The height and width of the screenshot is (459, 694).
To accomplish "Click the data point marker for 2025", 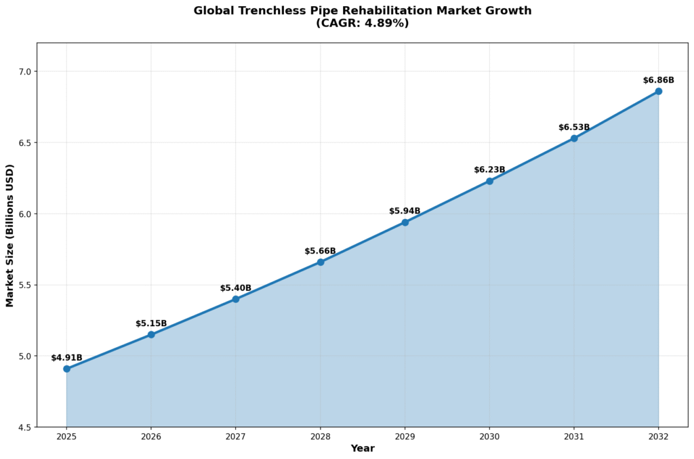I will coord(66,369).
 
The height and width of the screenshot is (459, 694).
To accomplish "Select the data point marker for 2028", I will coord(321,262).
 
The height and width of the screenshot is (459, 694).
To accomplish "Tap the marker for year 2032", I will coord(658,91).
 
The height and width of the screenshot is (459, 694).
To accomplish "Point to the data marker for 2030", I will coord(489,181).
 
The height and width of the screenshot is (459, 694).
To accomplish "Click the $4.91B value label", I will coord(66,358).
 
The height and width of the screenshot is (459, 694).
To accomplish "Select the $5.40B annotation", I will coord(236,288).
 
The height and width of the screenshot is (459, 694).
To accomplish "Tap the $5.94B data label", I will coord(405,212).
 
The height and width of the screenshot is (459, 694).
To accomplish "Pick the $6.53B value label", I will coord(574,127).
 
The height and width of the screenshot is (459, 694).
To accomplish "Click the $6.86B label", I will coord(658,80).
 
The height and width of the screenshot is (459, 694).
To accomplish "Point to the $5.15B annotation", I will coord(151,324).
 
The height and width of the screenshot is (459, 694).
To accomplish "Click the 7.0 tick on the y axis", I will coord(24,72).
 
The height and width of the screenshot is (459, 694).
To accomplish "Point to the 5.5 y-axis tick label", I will coord(24,285).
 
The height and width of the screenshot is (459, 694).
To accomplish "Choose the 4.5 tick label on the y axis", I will coord(24,428).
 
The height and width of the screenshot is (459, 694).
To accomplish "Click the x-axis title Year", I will coord(363,449).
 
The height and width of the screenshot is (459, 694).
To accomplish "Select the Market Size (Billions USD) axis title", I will coord(10,235).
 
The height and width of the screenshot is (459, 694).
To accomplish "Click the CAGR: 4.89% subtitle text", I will coord(363,23).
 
